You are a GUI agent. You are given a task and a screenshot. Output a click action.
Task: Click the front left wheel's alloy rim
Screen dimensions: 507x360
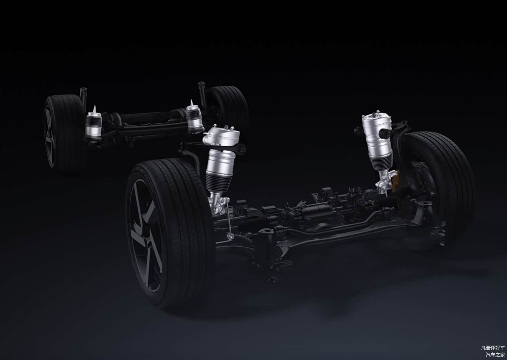144,235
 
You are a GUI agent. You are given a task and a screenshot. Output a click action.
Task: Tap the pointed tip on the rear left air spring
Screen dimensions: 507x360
95,105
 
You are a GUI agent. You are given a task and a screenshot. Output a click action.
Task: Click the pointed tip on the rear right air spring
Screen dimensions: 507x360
192,100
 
